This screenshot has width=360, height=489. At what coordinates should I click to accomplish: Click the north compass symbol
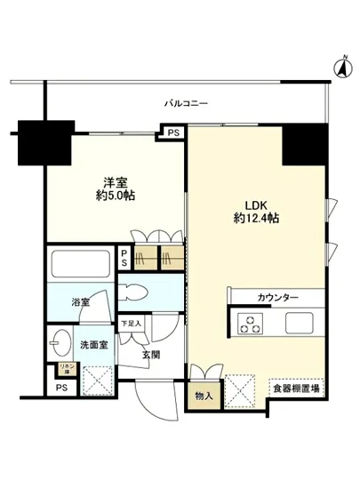[340, 64]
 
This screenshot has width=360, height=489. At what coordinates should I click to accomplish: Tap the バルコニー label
[186, 104]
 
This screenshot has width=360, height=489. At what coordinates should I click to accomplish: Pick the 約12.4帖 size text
[256, 217]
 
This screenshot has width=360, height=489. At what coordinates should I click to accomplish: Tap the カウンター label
[277, 297]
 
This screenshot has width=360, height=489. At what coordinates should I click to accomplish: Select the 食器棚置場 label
[297, 389]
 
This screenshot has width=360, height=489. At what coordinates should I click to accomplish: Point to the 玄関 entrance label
[151, 356]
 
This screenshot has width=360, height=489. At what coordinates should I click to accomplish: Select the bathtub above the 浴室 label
[80, 267]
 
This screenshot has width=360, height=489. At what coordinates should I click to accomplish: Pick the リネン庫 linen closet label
[64, 368]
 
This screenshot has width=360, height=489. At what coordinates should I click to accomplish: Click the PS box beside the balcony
[172, 134]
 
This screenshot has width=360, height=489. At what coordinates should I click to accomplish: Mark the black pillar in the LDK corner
[305, 143]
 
